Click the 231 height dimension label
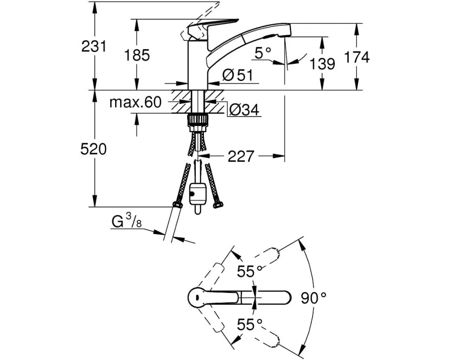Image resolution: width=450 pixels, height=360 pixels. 94,46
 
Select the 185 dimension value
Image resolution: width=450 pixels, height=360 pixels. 136,55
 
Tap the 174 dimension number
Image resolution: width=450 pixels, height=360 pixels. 357,57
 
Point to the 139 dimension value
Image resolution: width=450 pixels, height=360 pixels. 322,64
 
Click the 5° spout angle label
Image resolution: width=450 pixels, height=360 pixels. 263,54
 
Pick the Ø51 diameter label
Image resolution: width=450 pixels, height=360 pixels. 237,76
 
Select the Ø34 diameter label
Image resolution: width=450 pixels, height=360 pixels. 244,109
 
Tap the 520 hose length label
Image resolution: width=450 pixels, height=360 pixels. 94,150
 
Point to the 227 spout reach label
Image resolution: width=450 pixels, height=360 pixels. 241,156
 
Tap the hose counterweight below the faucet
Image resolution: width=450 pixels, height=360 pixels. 198,193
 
